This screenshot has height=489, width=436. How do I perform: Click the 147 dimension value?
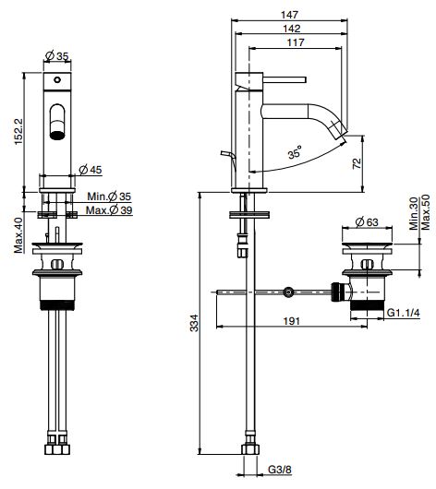[x=289, y=15]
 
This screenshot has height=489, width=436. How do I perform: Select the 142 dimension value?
[x=291, y=29]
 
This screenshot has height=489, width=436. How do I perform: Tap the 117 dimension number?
[x=296, y=42]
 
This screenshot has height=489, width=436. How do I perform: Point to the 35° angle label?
[x=296, y=152]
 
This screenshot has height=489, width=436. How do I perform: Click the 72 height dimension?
[x=357, y=163]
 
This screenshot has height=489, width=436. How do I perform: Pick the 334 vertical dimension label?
[x=194, y=323]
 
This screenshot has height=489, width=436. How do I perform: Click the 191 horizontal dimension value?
[x=291, y=321]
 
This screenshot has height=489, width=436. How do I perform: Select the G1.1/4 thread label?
[x=404, y=313]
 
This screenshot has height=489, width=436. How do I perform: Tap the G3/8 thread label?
[x=280, y=469]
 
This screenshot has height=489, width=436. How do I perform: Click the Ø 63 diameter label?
[x=367, y=221]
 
